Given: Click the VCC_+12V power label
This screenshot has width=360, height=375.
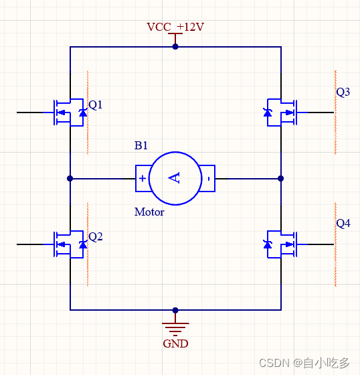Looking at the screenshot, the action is [175, 27].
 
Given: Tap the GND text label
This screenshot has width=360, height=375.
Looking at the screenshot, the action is [175, 344].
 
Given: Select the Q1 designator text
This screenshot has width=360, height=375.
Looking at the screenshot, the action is [96, 105].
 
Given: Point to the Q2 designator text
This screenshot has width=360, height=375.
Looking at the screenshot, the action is [96, 237].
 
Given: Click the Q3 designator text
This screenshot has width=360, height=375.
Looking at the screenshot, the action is [343, 92].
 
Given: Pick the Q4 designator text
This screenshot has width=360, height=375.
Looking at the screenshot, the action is [343, 224].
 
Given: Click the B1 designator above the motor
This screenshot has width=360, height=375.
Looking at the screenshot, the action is [141, 145].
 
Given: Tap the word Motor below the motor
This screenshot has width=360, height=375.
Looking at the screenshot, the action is [149, 212].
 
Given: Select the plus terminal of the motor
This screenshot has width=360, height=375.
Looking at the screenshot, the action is [143, 178].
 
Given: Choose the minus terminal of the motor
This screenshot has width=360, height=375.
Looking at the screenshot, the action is [209, 178].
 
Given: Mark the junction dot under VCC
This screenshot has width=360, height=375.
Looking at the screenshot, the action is [175, 47].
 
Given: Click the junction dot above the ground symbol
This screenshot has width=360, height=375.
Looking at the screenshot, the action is [175, 310].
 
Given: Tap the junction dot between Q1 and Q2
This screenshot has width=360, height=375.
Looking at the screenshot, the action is [70, 178].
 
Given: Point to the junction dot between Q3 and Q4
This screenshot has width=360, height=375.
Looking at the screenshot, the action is [281, 178].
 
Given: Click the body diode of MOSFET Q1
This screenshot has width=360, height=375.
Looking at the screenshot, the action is [83, 112].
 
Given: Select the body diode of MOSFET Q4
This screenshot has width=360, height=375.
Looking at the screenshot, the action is [268, 244].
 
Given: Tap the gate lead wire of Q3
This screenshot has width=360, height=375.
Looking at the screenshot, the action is [315, 112].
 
